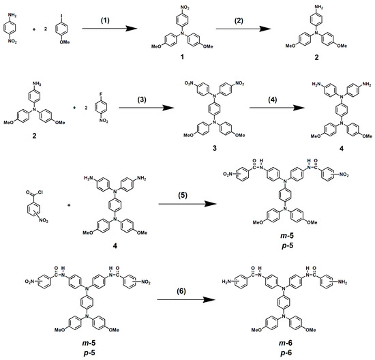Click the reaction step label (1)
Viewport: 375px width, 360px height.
[105, 20]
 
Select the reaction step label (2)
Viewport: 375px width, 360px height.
[239, 20]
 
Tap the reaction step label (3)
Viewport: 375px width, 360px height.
[142, 100]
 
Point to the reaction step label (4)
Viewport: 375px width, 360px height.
[273, 100]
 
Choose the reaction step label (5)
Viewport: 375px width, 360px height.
[182, 196]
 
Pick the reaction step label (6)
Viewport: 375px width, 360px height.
[181, 291]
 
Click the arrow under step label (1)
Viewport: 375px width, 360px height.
[110, 29]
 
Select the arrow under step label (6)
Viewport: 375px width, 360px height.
[186, 300]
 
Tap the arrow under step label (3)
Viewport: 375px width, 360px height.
[147, 108]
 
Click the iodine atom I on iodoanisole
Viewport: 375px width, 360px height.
[61, 16]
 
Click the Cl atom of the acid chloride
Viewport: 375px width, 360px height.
[40, 192]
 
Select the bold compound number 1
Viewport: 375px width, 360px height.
[182, 57]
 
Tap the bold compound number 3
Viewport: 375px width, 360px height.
[215, 148]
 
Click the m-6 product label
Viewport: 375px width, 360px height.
[286, 343]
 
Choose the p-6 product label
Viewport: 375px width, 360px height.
[286, 352]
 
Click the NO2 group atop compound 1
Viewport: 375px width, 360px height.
[185, 8]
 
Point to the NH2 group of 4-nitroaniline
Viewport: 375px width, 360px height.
[12, 15]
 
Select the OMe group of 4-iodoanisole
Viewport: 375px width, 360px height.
[65, 42]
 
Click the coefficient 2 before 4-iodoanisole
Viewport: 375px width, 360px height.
[45, 29]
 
